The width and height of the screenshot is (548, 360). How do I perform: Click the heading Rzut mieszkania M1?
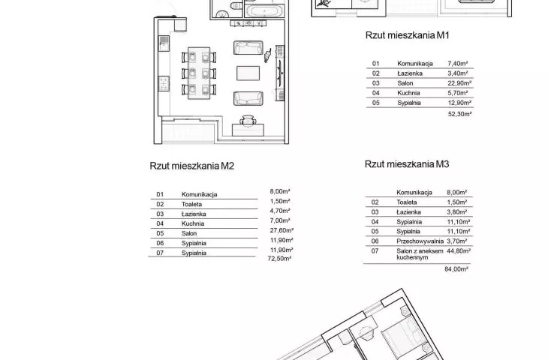tap(407, 35)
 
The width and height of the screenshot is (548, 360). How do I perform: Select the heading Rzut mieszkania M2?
tap(192, 166)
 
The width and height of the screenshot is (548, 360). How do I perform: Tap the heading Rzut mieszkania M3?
tap(407, 164)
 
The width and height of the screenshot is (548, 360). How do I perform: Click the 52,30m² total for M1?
tap(460, 114)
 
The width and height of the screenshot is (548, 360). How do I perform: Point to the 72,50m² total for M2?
tap(279, 259)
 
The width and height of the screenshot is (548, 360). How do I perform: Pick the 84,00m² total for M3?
tap(456, 268)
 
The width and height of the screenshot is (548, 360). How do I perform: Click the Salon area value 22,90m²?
tap(459, 83)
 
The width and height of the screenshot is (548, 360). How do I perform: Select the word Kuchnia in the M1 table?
tap(408, 93)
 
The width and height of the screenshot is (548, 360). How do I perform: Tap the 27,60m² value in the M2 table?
tap(282, 230)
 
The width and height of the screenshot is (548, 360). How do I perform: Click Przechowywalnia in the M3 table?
tap(420, 241)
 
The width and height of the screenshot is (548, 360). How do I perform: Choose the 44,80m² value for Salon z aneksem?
tap(459, 250)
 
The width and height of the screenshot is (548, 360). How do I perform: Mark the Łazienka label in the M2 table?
tap(194, 214)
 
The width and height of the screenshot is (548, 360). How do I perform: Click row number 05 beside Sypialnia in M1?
tap(375, 103)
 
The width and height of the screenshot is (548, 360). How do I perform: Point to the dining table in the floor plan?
tap(199, 73)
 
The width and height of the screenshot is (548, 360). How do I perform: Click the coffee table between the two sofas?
tap(248, 73)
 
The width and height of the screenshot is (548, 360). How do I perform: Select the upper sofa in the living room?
tap(248, 48)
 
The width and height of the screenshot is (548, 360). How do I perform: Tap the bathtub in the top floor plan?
tap(264, 10)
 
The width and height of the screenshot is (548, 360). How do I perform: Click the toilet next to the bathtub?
tap(236, 5)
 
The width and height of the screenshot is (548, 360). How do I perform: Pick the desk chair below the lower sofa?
tap(248, 120)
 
